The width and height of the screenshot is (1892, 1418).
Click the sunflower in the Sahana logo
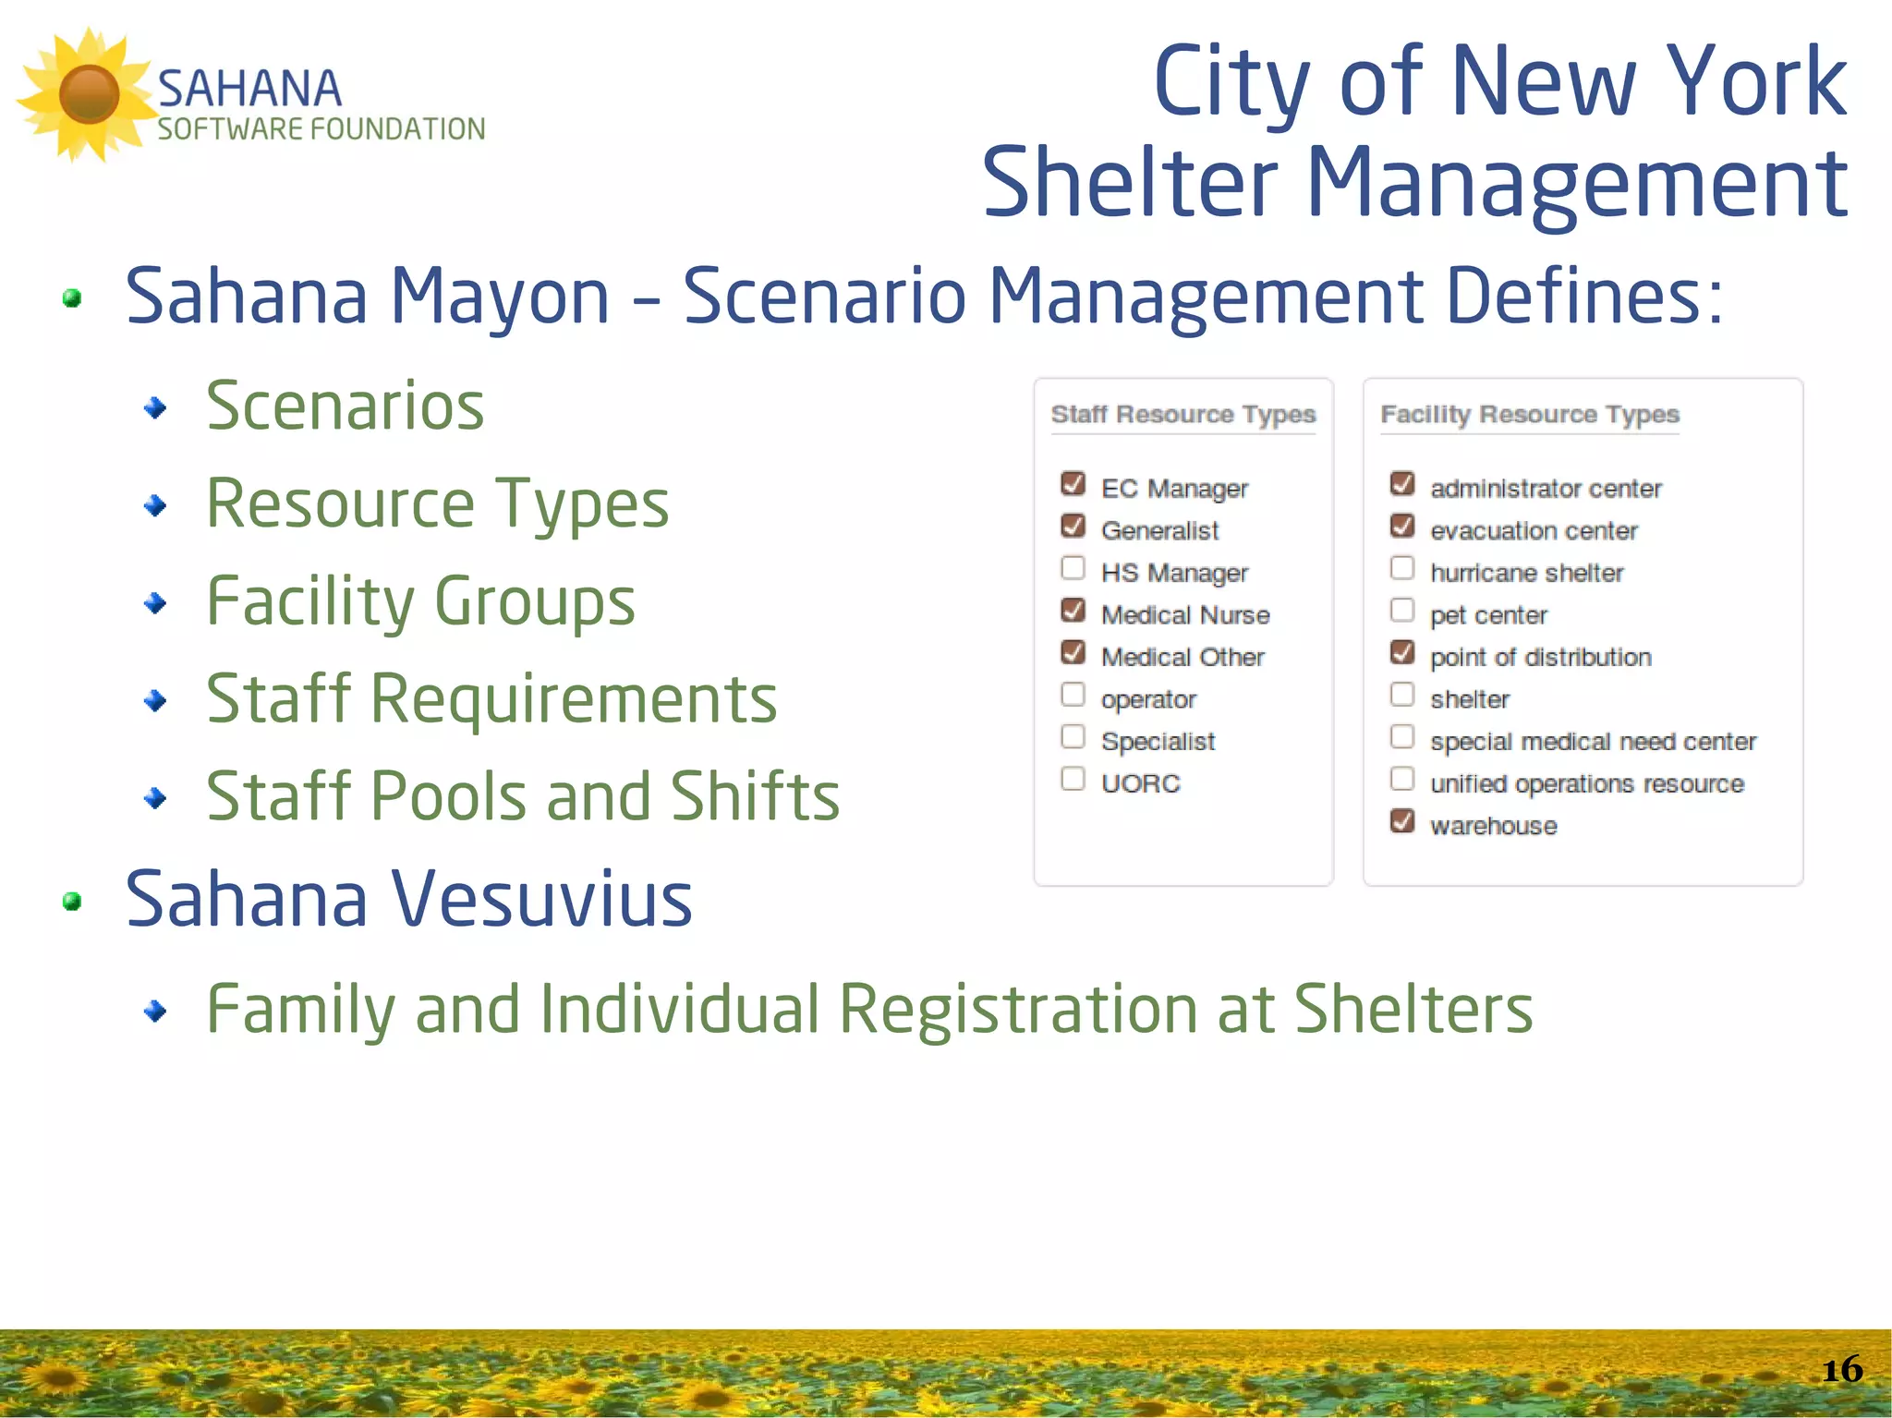pos(88,94)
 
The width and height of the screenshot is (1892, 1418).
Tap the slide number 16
pos(1841,1369)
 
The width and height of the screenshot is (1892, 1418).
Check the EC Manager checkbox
pos(1073,483)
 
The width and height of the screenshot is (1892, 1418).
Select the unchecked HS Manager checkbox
pos(1073,567)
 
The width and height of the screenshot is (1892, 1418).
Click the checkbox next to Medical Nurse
pos(1073,610)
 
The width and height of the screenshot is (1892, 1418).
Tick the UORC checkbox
pos(1073,779)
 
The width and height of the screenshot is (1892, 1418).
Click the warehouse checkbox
pos(1402,820)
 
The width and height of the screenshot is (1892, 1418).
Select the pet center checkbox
pos(1402,610)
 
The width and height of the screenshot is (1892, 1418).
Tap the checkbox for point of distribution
pos(1402,652)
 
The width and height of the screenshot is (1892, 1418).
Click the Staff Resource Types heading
pos(1182,414)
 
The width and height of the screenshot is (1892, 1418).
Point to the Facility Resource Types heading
pos(1529,414)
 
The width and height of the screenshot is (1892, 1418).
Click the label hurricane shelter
pos(1526,573)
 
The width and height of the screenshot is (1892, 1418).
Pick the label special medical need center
pos(1593,742)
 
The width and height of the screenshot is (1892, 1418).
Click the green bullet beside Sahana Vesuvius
pos(72,901)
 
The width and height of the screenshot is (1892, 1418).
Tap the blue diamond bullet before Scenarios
pos(156,407)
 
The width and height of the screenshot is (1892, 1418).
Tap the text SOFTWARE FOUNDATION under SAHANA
pos(321,129)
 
